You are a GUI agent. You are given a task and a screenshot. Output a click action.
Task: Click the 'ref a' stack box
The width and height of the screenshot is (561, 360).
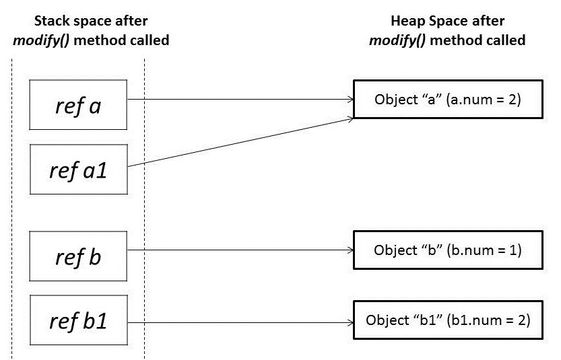(78, 104)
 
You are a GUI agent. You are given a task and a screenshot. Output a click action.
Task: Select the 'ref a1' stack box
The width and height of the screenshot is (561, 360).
(78, 169)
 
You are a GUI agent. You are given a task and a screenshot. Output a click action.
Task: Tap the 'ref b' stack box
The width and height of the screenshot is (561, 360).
(78, 256)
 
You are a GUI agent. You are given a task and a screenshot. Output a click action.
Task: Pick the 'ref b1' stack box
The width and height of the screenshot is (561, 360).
(78, 320)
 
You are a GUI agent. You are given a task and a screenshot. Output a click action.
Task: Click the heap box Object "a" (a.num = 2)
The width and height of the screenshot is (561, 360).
(448, 100)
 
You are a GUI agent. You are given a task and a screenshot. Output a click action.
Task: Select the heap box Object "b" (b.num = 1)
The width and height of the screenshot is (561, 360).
(448, 250)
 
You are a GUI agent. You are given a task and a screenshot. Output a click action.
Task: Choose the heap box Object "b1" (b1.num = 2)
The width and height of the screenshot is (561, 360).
(448, 319)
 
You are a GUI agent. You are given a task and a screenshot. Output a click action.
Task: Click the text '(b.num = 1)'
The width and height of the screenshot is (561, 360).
(491, 250)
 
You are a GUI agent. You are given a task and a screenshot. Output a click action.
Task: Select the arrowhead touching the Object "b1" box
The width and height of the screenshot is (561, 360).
(350, 320)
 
